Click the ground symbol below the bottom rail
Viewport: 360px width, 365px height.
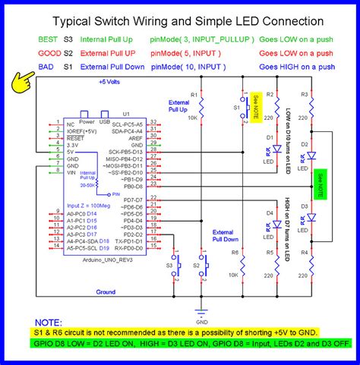201,310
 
